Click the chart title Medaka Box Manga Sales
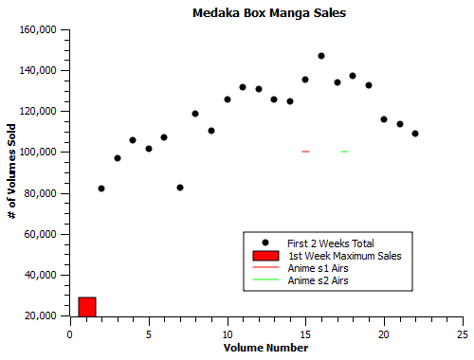click(268, 13)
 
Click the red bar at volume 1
click(87, 306)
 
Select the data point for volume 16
click(321, 56)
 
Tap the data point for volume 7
click(180, 188)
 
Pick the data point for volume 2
click(101, 189)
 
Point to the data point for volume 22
click(415, 134)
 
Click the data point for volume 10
click(228, 99)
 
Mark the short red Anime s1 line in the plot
click(305, 152)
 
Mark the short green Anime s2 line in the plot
click(345, 152)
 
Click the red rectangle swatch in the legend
click(266, 256)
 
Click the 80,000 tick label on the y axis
click(43, 193)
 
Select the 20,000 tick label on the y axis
click(43, 315)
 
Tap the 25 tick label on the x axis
click(462, 333)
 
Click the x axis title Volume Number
click(265, 349)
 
